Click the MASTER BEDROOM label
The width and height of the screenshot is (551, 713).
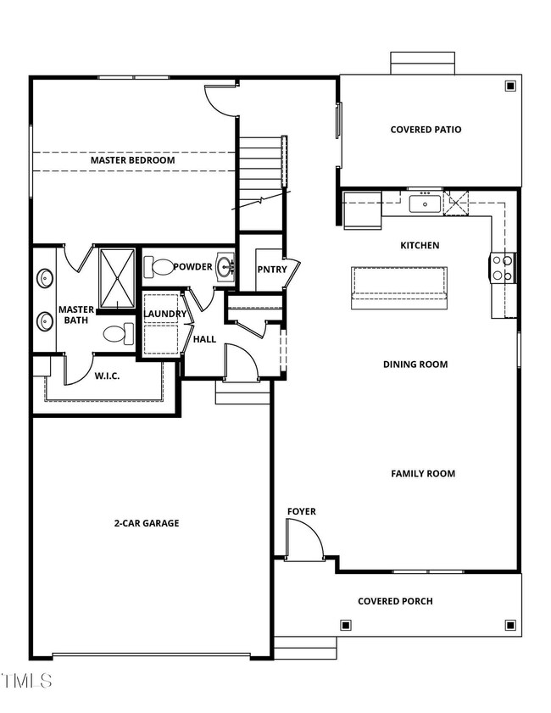coord(132,160)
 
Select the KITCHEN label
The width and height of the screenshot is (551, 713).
coord(420,246)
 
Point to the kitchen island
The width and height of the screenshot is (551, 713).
coord(399,282)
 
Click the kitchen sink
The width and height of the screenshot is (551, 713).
coord(423,203)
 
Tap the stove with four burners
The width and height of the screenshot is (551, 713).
coord(502,268)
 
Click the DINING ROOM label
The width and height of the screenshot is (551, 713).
coord(415,365)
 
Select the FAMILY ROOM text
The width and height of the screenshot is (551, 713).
coord(423,474)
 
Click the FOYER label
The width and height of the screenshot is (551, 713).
coord(301,511)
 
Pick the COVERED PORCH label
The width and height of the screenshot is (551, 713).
coord(395,601)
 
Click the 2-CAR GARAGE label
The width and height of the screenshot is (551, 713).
coord(147,523)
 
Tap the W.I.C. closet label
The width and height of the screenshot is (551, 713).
coord(106,375)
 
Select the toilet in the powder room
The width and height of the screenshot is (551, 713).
coord(158,268)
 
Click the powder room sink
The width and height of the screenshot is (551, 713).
coord(225,268)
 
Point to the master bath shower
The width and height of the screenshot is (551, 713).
coord(117,277)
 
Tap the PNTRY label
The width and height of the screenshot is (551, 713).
coord(272,270)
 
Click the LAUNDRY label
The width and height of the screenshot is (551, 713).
coord(164,315)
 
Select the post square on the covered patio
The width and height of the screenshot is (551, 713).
coord(509,86)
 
